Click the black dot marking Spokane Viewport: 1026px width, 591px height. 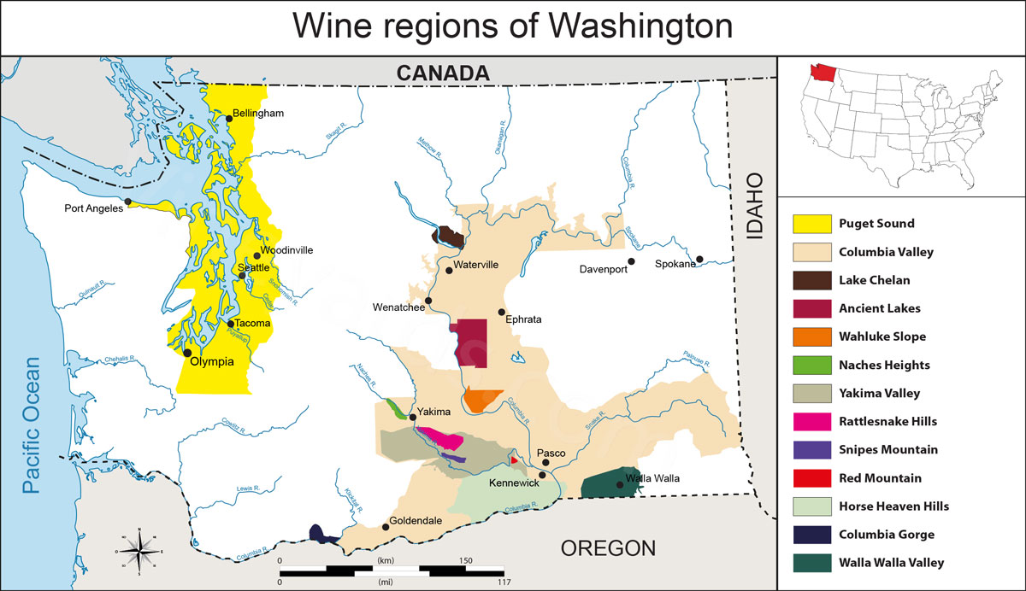(x=699, y=259)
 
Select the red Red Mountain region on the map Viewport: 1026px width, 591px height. (x=514, y=460)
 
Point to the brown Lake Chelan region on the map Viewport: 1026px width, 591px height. (x=450, y=237)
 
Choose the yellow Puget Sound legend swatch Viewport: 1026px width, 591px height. (x=812, y=224)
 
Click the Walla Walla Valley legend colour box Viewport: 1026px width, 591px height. (x=812, y=562)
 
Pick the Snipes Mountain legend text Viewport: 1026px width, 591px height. (x=888, y=449)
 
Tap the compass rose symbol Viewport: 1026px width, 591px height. (x=139, y=552)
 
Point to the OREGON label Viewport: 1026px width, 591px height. (x=608, y=547)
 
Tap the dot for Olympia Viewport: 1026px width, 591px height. (x=187, y=352)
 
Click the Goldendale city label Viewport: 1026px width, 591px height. (x=416, y=519)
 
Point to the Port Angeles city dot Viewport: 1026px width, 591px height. (x=127, y=202)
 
